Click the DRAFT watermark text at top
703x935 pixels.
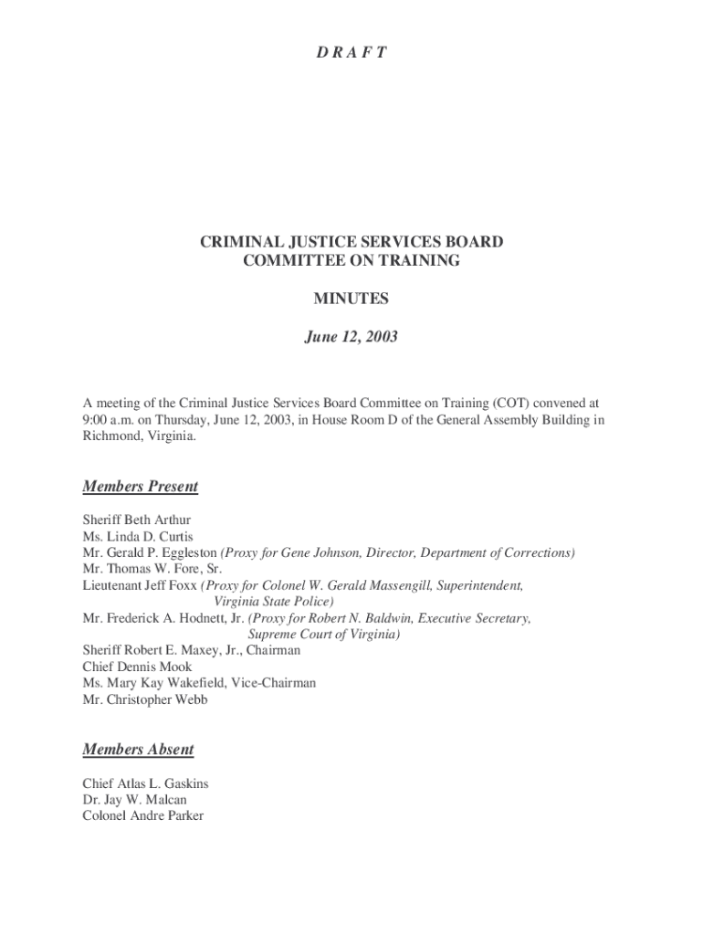(351, 52)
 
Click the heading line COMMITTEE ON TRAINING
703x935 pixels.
(351, 261)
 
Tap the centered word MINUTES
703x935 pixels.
(351, 299)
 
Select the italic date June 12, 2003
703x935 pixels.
(351, 337)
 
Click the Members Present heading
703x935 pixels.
(141, 486)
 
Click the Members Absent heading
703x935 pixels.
(138, 749)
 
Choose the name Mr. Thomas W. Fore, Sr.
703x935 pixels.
(139, 568)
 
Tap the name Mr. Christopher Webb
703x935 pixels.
(144, 699)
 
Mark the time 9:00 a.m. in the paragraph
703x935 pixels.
(109, 420)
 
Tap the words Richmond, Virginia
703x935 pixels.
(138, 436)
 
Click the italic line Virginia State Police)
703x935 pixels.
(273, 602)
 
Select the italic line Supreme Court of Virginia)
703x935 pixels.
(324, 634)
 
